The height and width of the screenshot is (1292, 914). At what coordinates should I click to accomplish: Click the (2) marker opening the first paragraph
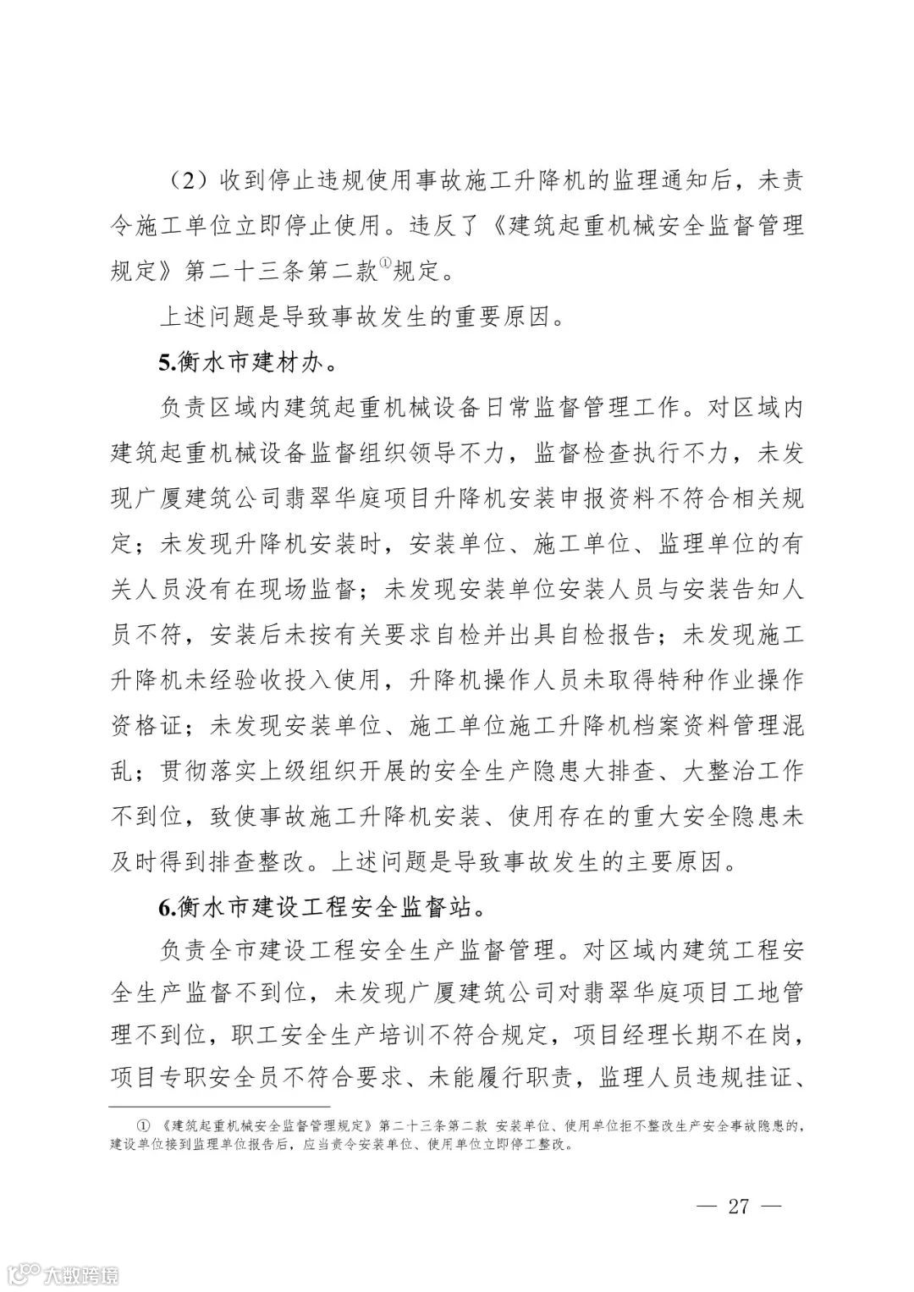click(183, 181)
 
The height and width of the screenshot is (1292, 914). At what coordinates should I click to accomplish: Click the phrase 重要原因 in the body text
click(504, 317)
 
